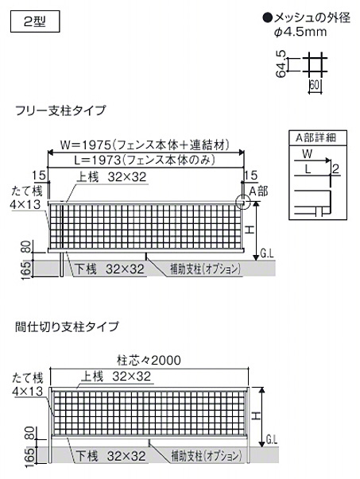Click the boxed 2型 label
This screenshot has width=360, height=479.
(35, 21)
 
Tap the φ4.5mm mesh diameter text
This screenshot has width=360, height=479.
(300, 32)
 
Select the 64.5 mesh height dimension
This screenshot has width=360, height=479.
(281, 64)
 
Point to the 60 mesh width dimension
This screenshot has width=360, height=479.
(314, 84)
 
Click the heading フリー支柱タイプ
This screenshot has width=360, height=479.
(60, 110)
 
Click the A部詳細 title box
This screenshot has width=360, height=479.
(318, 137)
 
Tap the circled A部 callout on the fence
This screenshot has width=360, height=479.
(242, 203)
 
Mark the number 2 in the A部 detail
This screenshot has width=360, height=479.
(335, 168)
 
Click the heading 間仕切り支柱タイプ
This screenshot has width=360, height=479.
(67, 326)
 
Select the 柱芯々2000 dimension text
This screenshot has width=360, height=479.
(149, 360)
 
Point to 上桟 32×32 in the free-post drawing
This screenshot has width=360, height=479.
(112, 177)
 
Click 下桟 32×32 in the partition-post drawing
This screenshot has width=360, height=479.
(110, 456)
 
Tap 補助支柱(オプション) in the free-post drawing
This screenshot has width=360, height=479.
(205, 269)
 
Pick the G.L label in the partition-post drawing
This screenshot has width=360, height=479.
(271, 440)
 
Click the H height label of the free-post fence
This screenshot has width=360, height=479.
(250, 230)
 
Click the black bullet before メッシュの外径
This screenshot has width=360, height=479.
(268, 18)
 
